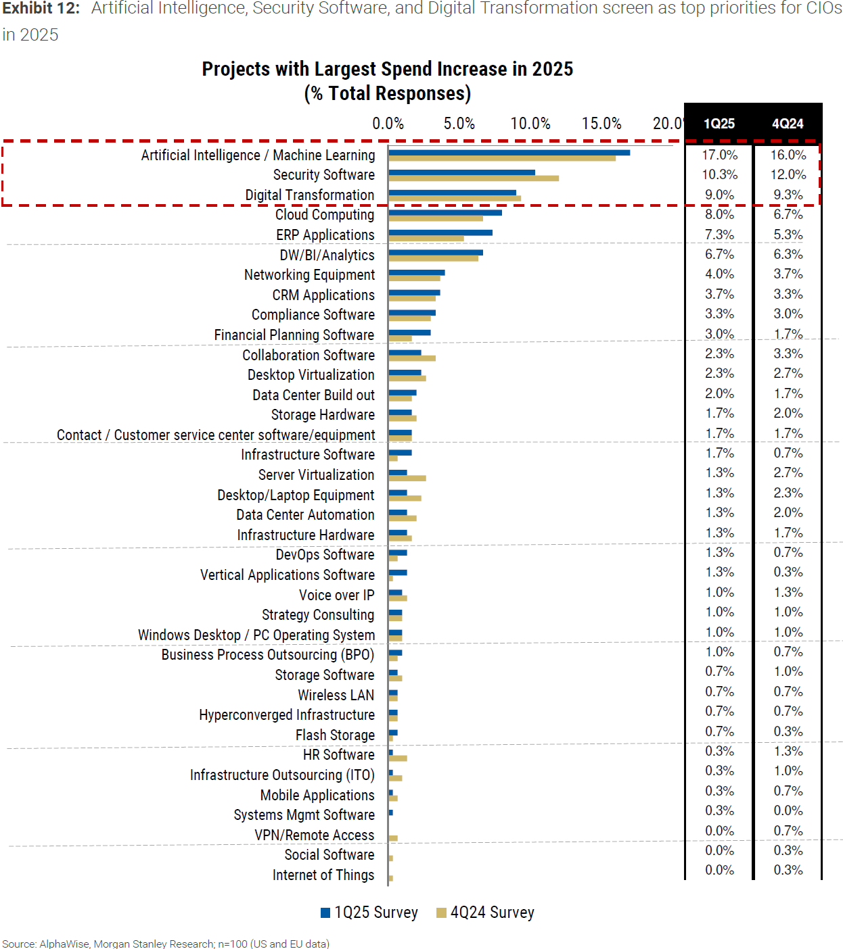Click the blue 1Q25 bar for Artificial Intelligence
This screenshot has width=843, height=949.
pyautogui.click(x=509, y=153)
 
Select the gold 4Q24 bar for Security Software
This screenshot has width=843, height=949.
pyautogui.click(x=474, y=178)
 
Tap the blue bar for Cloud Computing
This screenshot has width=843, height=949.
pyautogui.click(x=445, y=212)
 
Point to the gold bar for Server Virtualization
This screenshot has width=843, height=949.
pyautogui.click(x=407, y=479)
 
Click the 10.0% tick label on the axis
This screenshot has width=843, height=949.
pyautogui.click(x=530, y=124)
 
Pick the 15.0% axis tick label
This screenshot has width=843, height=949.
pyautogui.click(x=601, y=124)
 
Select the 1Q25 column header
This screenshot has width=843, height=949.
pyautogui.click(x=719, y=124)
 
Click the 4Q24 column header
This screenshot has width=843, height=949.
pyautogui.click(x=788, y=124)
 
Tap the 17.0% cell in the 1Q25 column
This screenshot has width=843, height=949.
pyautogui.click(x=719, y=155)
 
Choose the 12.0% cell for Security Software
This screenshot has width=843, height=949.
pyautogui.click(x=788, y=174)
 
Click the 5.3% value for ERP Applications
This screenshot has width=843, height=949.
pyautogui.click(x=788, y=235)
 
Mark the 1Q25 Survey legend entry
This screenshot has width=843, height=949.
pyautogui.click(x=369, y=912)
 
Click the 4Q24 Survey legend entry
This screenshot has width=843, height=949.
pyautogui.click(x=486, y=912)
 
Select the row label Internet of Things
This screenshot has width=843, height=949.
pyautogui.click(x=323, y=875)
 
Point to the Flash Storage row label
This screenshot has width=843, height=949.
pyautogui.click(x=335, y=735)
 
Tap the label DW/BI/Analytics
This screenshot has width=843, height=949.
pyautogui.click(x=327, y=255)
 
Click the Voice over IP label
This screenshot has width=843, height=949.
pyautogui.click(x=336, y=595)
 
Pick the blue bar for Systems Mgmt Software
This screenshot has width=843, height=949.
pyautogui.click(x=391, y=812)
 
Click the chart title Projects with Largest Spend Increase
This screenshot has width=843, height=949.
pyautogui.click(x=387, y=69)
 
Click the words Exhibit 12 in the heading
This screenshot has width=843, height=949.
pyautogui.click(x=41, y=8)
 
